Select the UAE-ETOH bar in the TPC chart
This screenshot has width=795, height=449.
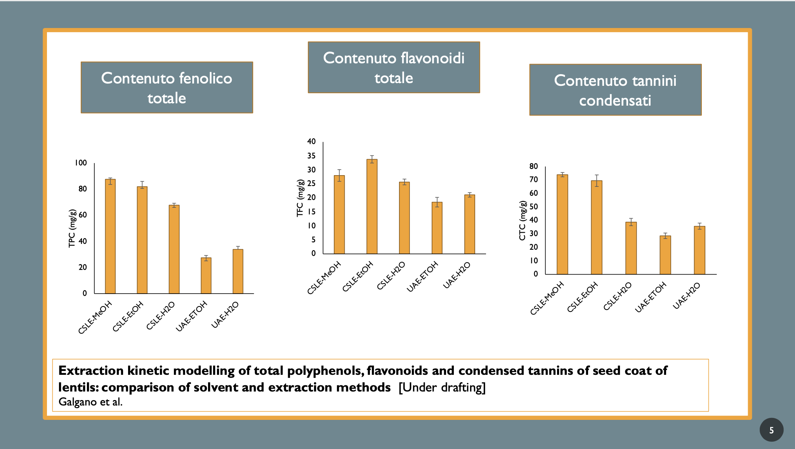pos(206,275)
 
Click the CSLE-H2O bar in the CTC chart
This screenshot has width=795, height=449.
pos(631,248)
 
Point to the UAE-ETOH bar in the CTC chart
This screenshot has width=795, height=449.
pos(665,255)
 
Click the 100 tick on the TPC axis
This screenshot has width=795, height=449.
pos(81,163)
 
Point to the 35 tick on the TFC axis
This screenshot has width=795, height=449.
pos(311,156)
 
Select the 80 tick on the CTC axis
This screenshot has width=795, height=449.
pos(533,166)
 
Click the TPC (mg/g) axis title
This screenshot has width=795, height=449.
pos(72,228)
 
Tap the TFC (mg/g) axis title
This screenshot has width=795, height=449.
pos(300,198)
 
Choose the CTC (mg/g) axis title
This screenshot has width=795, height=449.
pos(522,221)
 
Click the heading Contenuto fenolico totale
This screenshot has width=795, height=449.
pos(167,88)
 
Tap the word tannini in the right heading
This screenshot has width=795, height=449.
pos(654,81)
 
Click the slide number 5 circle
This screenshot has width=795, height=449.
pos(771,430)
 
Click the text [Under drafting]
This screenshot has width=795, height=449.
pos(442,387)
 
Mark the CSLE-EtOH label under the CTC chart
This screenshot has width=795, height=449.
pos(582,298)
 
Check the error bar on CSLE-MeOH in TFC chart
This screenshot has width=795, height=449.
pos(339,175)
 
